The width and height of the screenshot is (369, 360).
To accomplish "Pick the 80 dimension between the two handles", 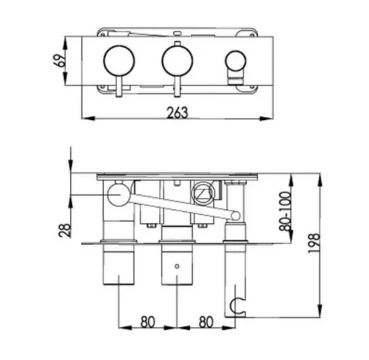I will point(146,322).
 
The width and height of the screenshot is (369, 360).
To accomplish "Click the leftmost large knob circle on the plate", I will point(116,61).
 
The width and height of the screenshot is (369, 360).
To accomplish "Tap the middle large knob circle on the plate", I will point(175,61).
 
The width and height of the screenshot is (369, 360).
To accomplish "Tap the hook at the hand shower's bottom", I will point(239,305).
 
